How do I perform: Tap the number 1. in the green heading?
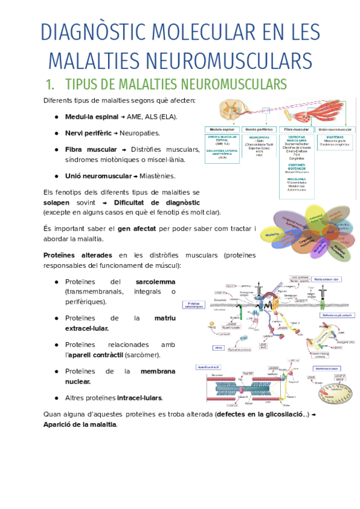click(x=50, y=83)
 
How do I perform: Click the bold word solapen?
click(x=57, y=202)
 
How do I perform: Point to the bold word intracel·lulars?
click(x=139, y=397)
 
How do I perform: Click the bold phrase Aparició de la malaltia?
click(x=80, y=424)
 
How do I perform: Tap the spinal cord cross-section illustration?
click(x=230, y=109)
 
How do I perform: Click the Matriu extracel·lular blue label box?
click(x=326, y=279)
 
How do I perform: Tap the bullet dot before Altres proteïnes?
click(x=56, y=397)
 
